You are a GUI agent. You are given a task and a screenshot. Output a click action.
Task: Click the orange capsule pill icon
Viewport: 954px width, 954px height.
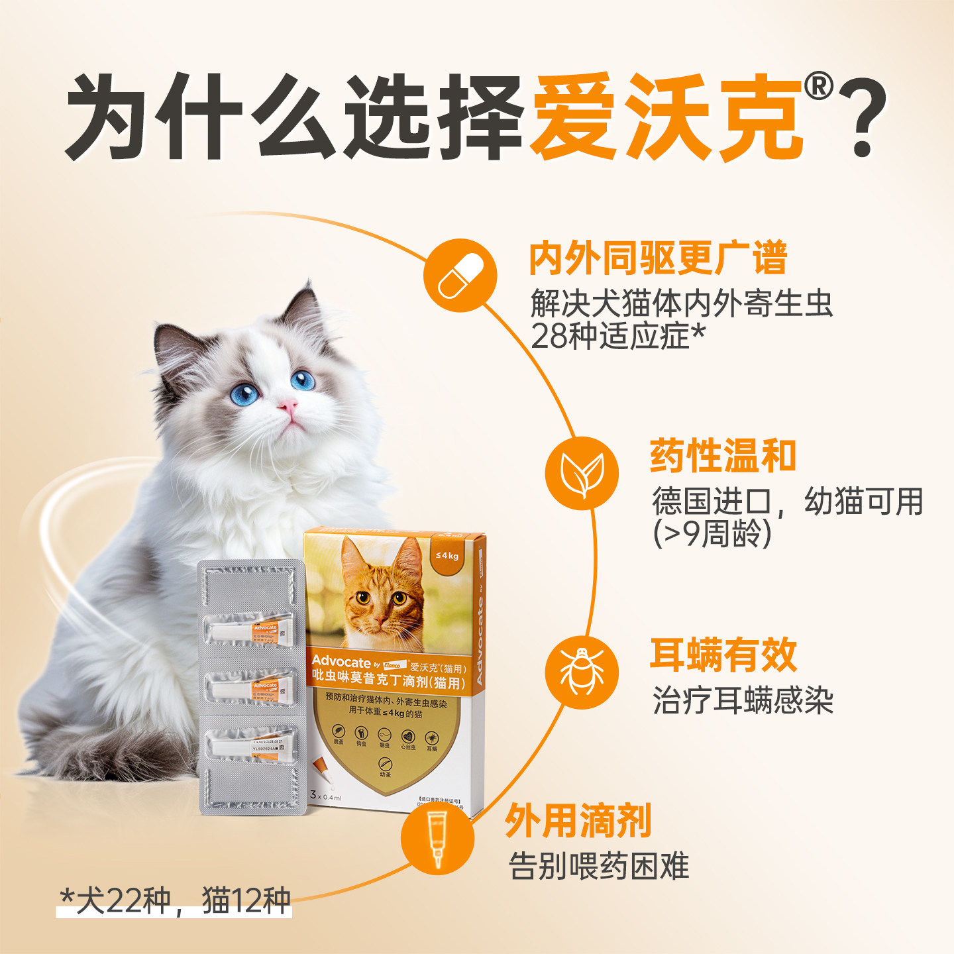[460, 276]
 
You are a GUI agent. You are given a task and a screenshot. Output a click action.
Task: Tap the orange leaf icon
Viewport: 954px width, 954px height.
[582, 473]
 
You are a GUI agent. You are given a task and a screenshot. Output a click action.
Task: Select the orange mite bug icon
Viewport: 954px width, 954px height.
[582, 672]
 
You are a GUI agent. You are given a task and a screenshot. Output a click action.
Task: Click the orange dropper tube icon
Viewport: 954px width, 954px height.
[437, 837]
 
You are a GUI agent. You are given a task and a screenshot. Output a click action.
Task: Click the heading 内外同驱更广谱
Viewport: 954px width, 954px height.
[658, 258]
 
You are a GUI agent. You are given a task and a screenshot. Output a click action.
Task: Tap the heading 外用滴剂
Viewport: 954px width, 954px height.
[578, 821]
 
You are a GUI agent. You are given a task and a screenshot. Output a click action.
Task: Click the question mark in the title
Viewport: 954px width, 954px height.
[861, 119]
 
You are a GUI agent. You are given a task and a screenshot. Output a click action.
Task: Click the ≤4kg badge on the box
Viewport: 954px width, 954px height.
[447, 555]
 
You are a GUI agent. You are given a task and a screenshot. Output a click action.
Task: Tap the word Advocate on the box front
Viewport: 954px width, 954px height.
[341, 661]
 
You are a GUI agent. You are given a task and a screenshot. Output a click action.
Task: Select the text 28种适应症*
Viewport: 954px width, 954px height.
[617, 337]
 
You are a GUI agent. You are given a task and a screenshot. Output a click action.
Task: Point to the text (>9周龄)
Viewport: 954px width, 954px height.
[712, 534]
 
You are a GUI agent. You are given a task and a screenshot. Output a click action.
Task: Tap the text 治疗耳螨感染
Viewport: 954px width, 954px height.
[743, 701]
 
